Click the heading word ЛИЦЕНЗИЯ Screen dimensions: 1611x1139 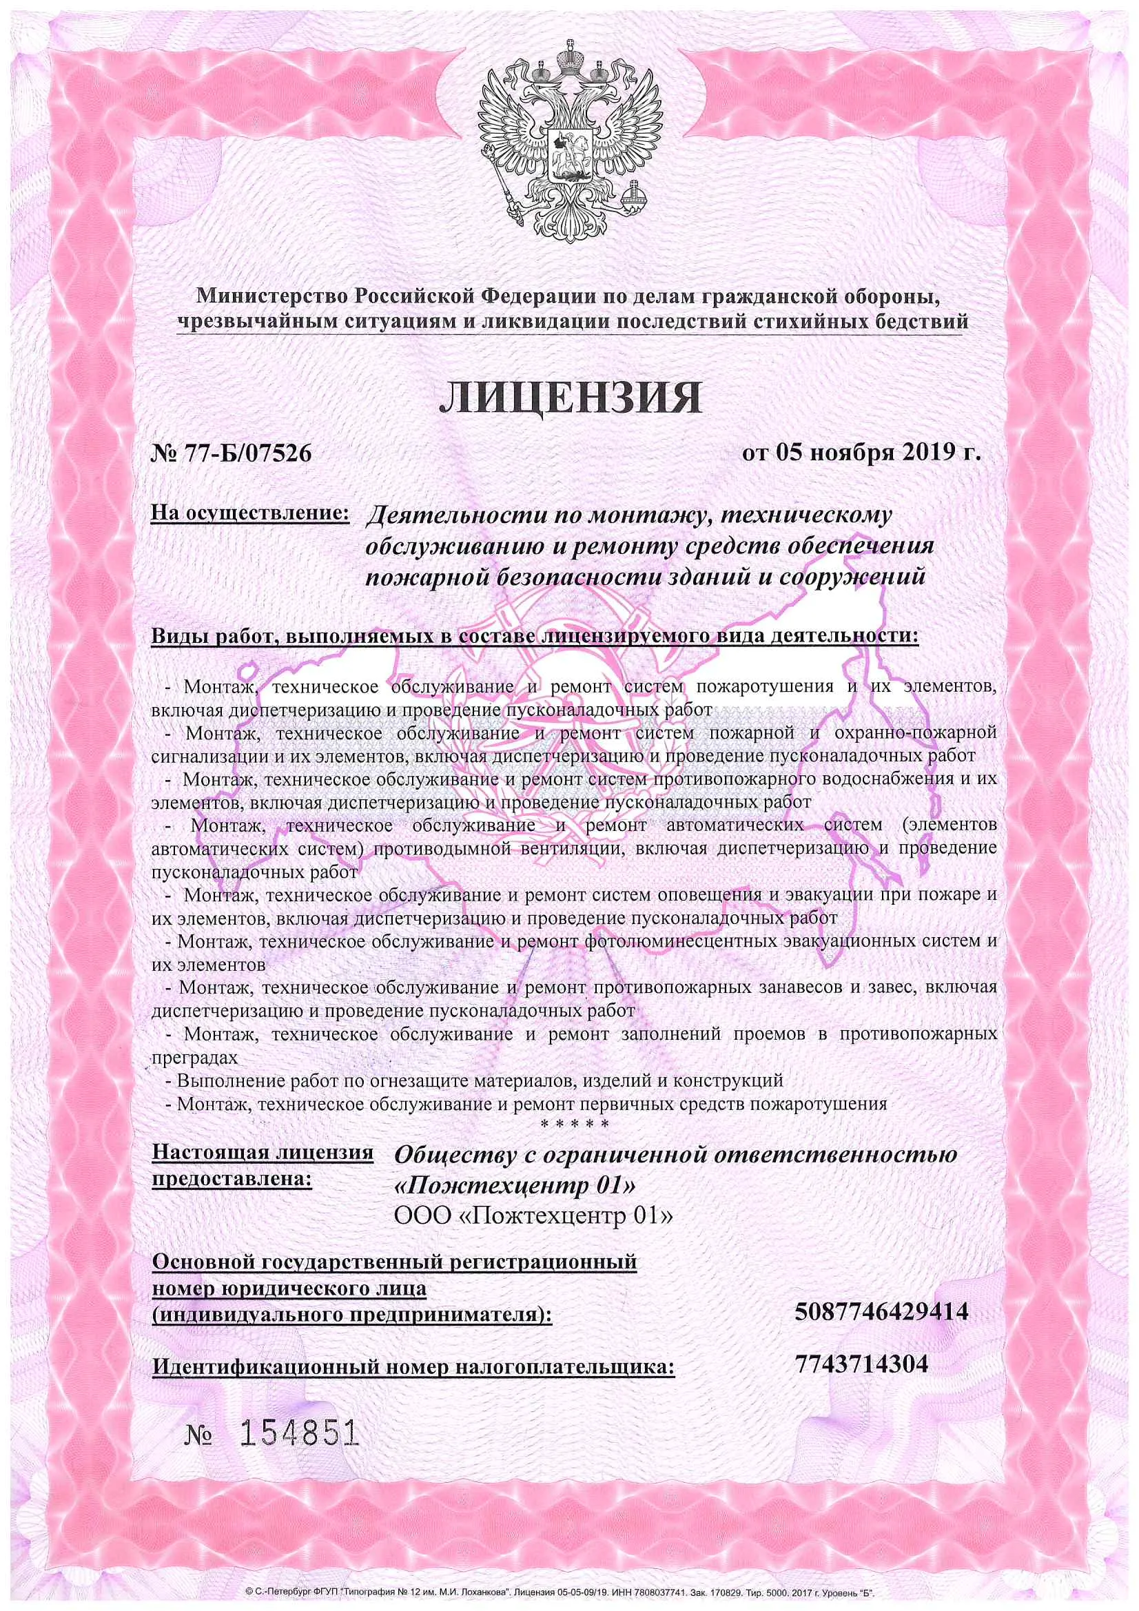tap(570, 398)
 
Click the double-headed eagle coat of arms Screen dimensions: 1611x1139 tap(570, 141)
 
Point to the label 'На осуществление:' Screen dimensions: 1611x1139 tap(251, 513)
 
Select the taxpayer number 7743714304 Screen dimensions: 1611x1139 tap(862, 1364)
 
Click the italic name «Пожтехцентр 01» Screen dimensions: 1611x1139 tap(516, 1185)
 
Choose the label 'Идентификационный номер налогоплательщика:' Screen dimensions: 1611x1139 tap(413, 1367)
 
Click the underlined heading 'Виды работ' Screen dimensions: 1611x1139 tap(208, 637)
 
